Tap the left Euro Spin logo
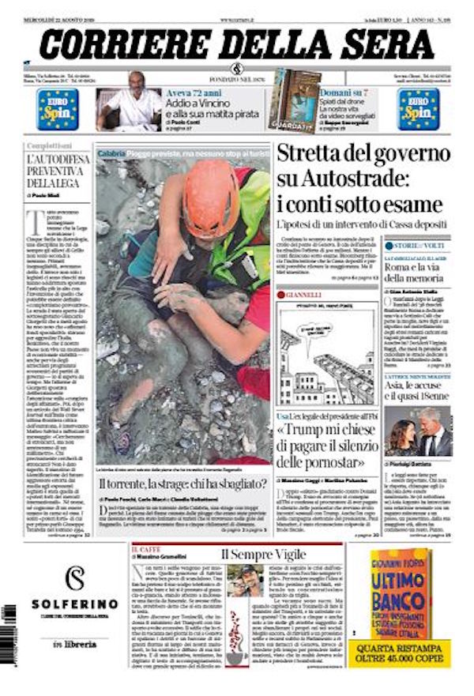click(x=57, y=110)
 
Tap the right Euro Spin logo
click(x=418, y=110)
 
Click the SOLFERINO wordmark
click(x=75, y=604)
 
